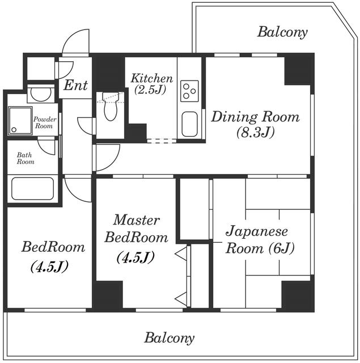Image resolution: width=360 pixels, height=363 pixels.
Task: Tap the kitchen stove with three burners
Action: tap(190, 91)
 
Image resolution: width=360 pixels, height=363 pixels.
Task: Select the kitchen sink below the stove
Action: tap(189, 124)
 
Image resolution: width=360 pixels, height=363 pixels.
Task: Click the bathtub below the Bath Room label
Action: tap(33, 188)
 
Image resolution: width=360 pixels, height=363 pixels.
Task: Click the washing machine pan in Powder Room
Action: tap(20, 120)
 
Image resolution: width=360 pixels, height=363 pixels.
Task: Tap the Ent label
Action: tap(75, 86)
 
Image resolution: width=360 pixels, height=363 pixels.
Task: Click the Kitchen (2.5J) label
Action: tap(151, 84)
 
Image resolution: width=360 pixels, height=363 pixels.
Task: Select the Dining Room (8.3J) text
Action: tap(256, 124)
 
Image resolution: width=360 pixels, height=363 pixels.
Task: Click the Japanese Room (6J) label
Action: tap(260, 240)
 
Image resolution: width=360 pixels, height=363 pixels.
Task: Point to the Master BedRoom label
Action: tap(136, 229)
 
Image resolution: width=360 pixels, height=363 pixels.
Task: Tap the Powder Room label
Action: tap(45, 123)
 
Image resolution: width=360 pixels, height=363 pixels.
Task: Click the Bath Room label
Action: tap(25, 158)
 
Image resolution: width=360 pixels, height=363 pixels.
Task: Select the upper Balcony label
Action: tap(282, 32)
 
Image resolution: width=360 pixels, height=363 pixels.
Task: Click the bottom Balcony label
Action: tap(170, 338)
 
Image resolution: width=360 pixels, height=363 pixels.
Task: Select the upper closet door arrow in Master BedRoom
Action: tap(181, 254)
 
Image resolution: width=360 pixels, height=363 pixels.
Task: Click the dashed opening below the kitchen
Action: tap(162, 141)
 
